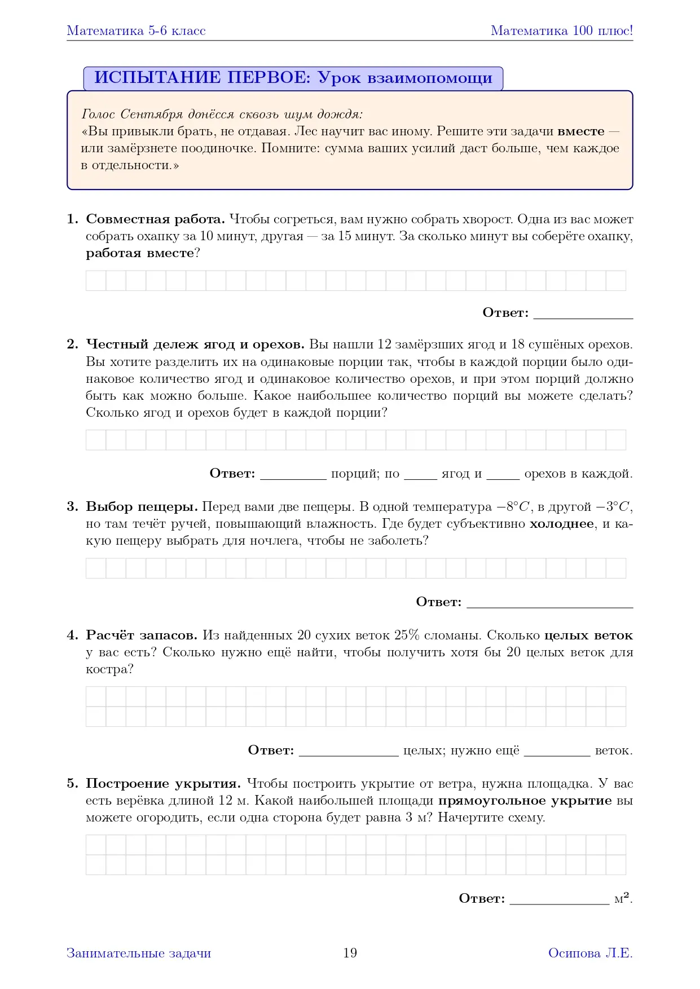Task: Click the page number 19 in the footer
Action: point(350,953)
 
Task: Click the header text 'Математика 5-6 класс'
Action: point(136,31)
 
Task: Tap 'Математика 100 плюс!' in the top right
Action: point(562,31)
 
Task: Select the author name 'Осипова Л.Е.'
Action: point(590,953)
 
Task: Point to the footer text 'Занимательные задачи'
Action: point(139,953)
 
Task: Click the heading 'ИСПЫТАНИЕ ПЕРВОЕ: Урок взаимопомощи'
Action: point(293,78)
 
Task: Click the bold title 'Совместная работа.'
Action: point(155,219)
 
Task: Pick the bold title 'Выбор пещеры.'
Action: point(142,507)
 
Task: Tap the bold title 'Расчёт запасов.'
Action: point(142,635)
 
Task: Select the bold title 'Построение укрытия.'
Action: point(163,784)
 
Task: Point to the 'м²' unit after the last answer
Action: point(622,898)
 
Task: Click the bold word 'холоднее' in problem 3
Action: point(562,524)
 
